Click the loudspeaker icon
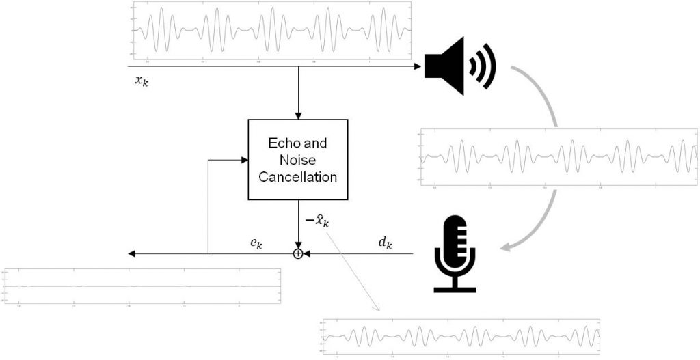tap(451, 66)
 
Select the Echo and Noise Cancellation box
tap(297, 160)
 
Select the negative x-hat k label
tap(317, 221)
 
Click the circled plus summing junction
tap(298, 254)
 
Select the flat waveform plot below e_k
tap(142, 286)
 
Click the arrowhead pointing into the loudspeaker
tap(416, 66)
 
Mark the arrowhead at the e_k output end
tap(132, 254)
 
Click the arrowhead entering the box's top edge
tap(298, 116)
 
